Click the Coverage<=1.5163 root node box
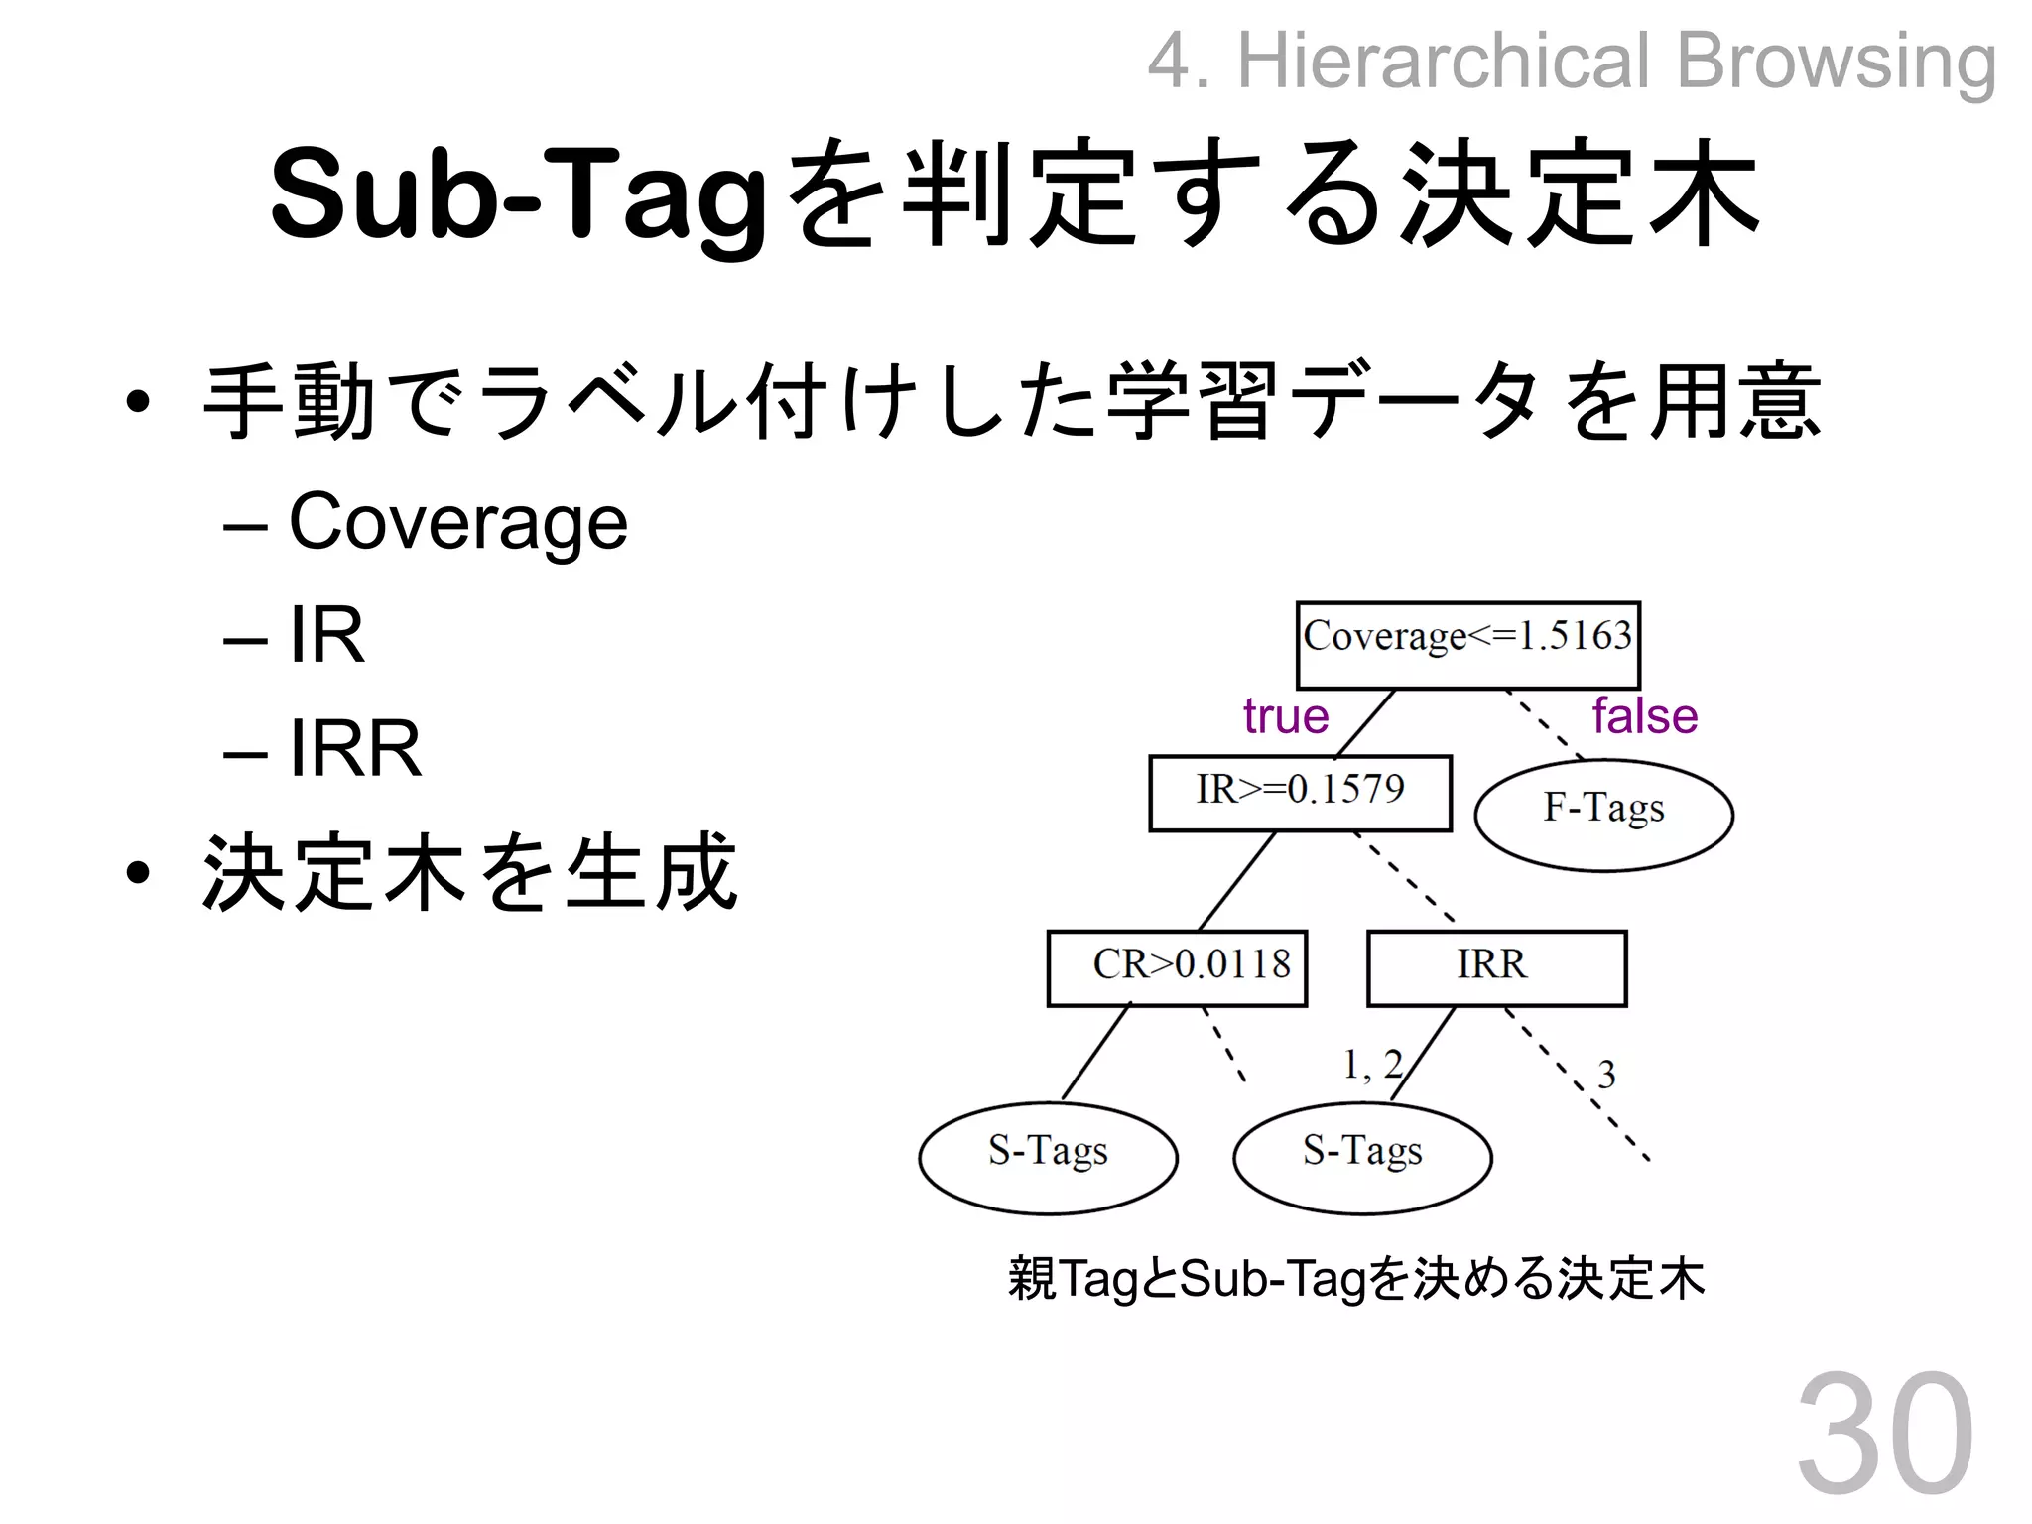coord(1467,645)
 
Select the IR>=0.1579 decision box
coord(1300,793)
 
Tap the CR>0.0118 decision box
coord(1177,967)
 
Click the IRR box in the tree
coord(1496,967)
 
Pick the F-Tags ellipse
coord(1603,815)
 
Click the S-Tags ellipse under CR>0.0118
coord(1048,1157)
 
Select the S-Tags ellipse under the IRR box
coord(1362,1157)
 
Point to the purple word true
coord(1286,716)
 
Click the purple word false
coord(1645,716)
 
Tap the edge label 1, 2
coord(1372,1065)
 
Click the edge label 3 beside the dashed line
coord(1606,1075)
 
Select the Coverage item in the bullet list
coord(457,522)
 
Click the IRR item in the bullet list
coord(354,749)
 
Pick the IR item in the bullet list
coord(326,635)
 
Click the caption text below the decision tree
coord(1356,1278)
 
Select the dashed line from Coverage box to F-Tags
coord(1544,724)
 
